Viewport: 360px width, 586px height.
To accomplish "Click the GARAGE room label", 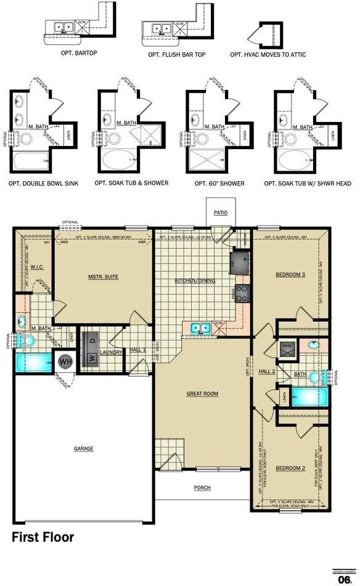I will [x=84, y=449].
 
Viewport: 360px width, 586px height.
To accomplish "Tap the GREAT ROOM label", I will [x=203, y=394].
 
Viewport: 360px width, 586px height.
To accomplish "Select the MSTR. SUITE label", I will [x=103, y=277].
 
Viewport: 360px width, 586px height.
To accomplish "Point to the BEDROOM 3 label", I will [x=291, y=274].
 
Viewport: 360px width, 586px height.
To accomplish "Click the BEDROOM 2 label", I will [x=291, y=468].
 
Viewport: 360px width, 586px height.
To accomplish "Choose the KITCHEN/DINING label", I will [x=195, y=280].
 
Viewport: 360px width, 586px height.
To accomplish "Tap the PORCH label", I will [x=202, y=487].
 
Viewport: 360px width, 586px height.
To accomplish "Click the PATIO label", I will [x=221, y=213].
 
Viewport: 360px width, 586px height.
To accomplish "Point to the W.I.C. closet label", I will [x=35, y=267].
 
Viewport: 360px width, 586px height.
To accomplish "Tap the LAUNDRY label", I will [x=111, y=352].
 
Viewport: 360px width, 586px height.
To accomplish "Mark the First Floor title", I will [x=43, y=537].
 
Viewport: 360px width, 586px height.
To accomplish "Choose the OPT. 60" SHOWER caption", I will [x=219, y=183].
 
